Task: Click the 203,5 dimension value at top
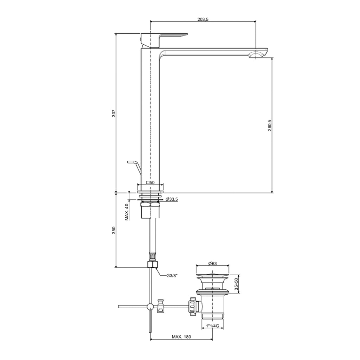coord(203,19)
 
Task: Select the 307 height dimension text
coord(114,114)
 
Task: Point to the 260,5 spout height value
coord(270,125)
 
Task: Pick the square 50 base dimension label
coord(150,182)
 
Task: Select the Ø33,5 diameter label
coord(172,199)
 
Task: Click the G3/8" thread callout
coord(172,276)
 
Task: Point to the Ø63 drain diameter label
coord(212,263)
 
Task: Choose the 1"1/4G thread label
coord(212,326)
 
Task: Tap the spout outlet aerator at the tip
coord(256,55)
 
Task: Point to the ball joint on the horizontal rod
coord(150,307)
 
